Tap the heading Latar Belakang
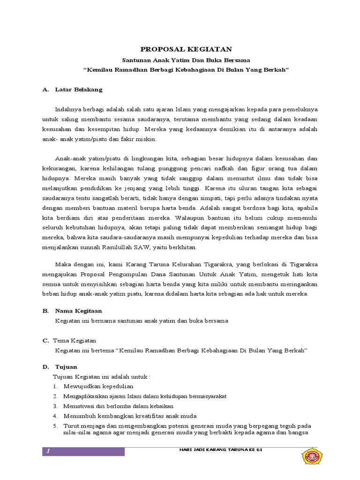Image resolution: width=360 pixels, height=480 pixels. pyautogui.click(x=79, y=89)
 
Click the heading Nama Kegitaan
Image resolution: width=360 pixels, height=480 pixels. pyautogui.click(x=78, y=311)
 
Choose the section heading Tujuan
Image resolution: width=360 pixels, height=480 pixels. pyautogui.click(x=66, y=367)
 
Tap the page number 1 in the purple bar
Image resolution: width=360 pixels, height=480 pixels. pyautogui.click(x=48, y=451)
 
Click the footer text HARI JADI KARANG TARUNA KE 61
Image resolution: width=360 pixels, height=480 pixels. pyautogui.click(x=216, y=450)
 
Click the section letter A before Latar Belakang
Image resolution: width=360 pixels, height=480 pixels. pyautogui.click(x=45, y=89)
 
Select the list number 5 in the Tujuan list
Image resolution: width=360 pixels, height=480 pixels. pyautogui.click(x=54, y=426)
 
